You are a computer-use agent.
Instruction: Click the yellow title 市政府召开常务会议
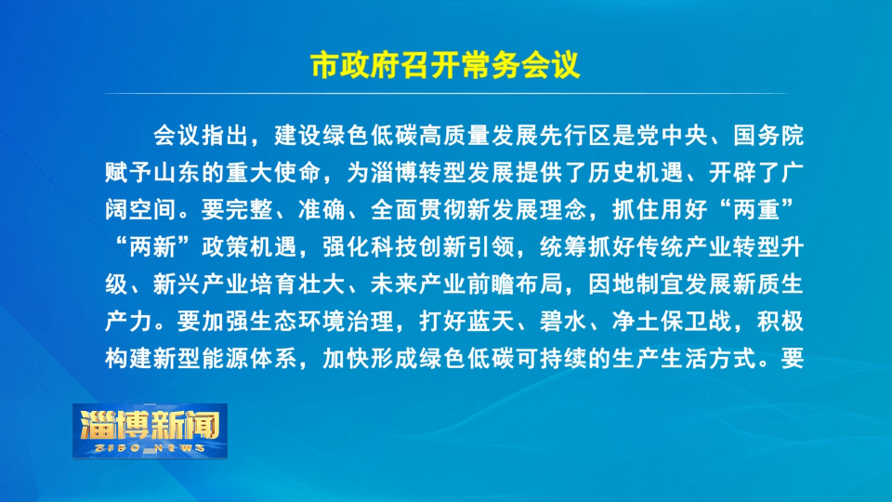tap(445, 65)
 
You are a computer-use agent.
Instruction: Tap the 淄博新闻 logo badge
tap(150, 430)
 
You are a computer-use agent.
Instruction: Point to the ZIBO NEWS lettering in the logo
tap(150, 448)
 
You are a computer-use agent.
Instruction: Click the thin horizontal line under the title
tap(445, 93)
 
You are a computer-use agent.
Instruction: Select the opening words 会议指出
tap(202, 136)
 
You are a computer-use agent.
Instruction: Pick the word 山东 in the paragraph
tap(177, 173)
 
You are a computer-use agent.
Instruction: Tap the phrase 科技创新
tap(419, 246)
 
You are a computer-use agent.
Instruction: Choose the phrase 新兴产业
tap(202, 284)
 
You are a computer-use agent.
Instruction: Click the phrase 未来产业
tap(419, 284)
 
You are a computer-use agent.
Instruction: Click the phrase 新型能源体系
tap(226, 358)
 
